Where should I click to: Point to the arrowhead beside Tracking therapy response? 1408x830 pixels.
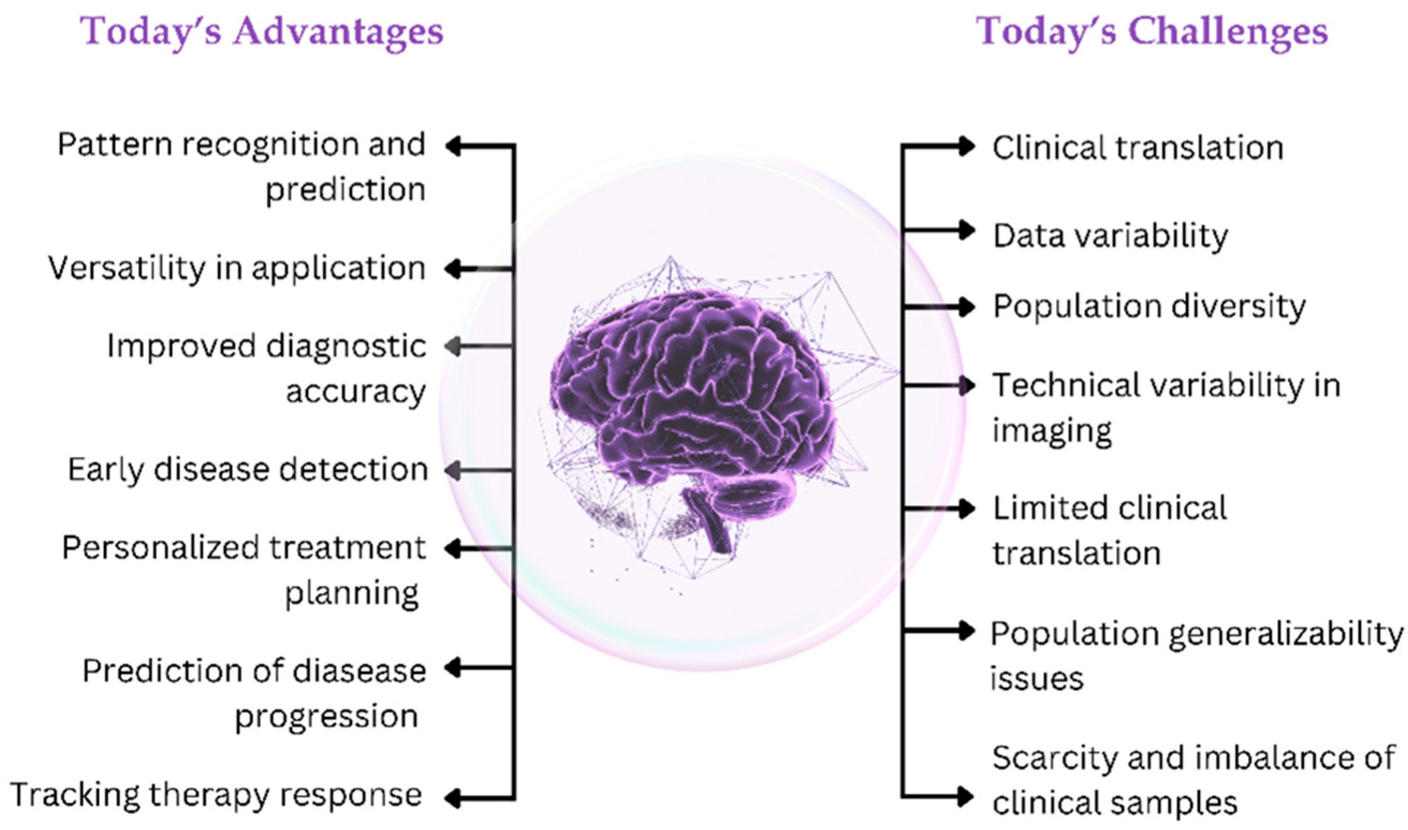454,798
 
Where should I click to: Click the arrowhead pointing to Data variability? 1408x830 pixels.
966,230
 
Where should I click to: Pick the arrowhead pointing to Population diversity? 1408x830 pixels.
966,307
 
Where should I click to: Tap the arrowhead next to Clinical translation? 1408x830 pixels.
966,147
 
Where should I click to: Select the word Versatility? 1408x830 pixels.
126,269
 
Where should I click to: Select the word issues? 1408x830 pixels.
1037,680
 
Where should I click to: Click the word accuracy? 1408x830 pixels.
356,391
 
